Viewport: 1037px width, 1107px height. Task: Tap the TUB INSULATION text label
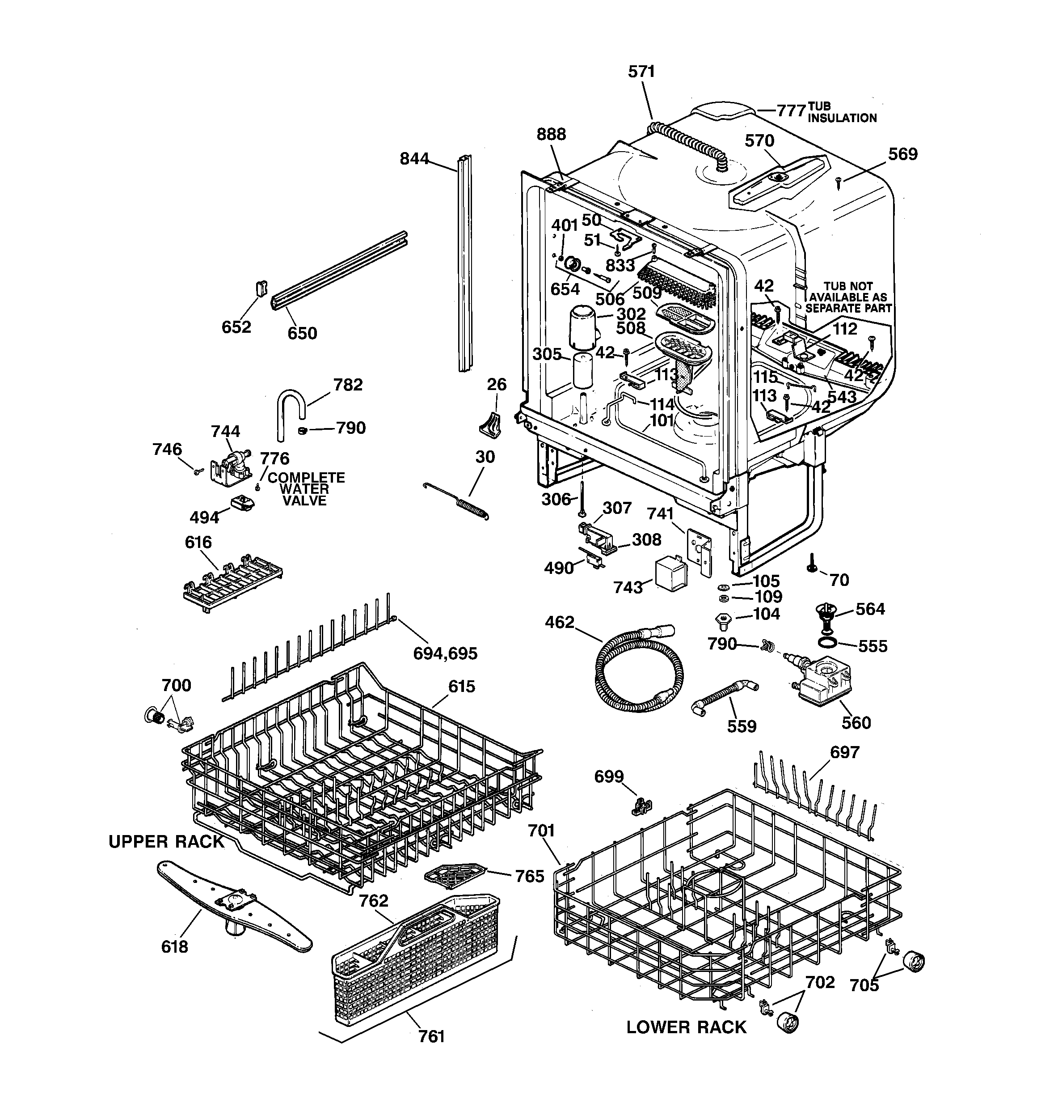(x=842, y=112)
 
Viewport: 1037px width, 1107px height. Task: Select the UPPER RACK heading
(x=166, y=841)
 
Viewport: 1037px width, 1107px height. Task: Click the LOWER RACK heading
(x=686, y=1027)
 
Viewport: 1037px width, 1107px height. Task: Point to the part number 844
(x=414, y=159)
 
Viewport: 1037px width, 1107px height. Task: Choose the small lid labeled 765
(x=454, y=875)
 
